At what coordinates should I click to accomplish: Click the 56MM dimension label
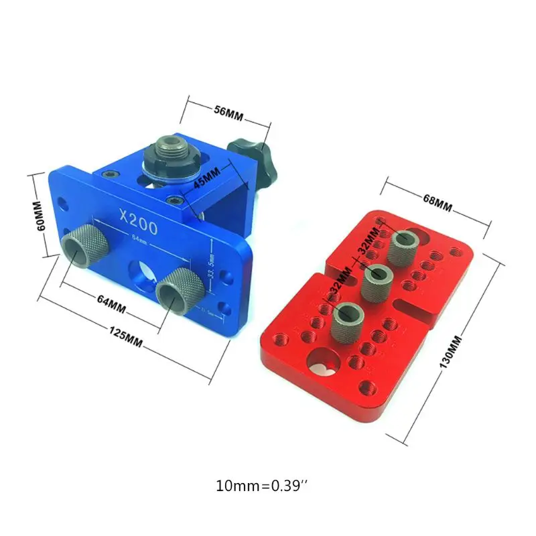tap(229, 112)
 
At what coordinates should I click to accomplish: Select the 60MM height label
tap(40, 214)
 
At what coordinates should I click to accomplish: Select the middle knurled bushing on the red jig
tap(376, 281)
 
